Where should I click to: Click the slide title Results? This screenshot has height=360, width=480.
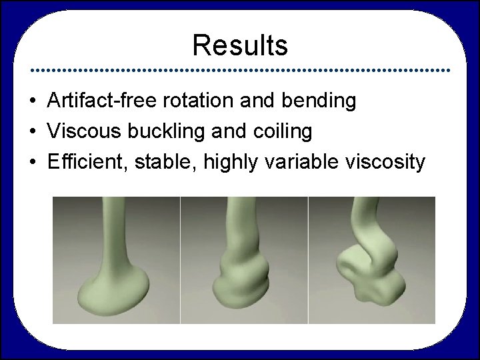point(240,46)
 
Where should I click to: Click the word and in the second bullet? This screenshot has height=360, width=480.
point(225,132)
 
